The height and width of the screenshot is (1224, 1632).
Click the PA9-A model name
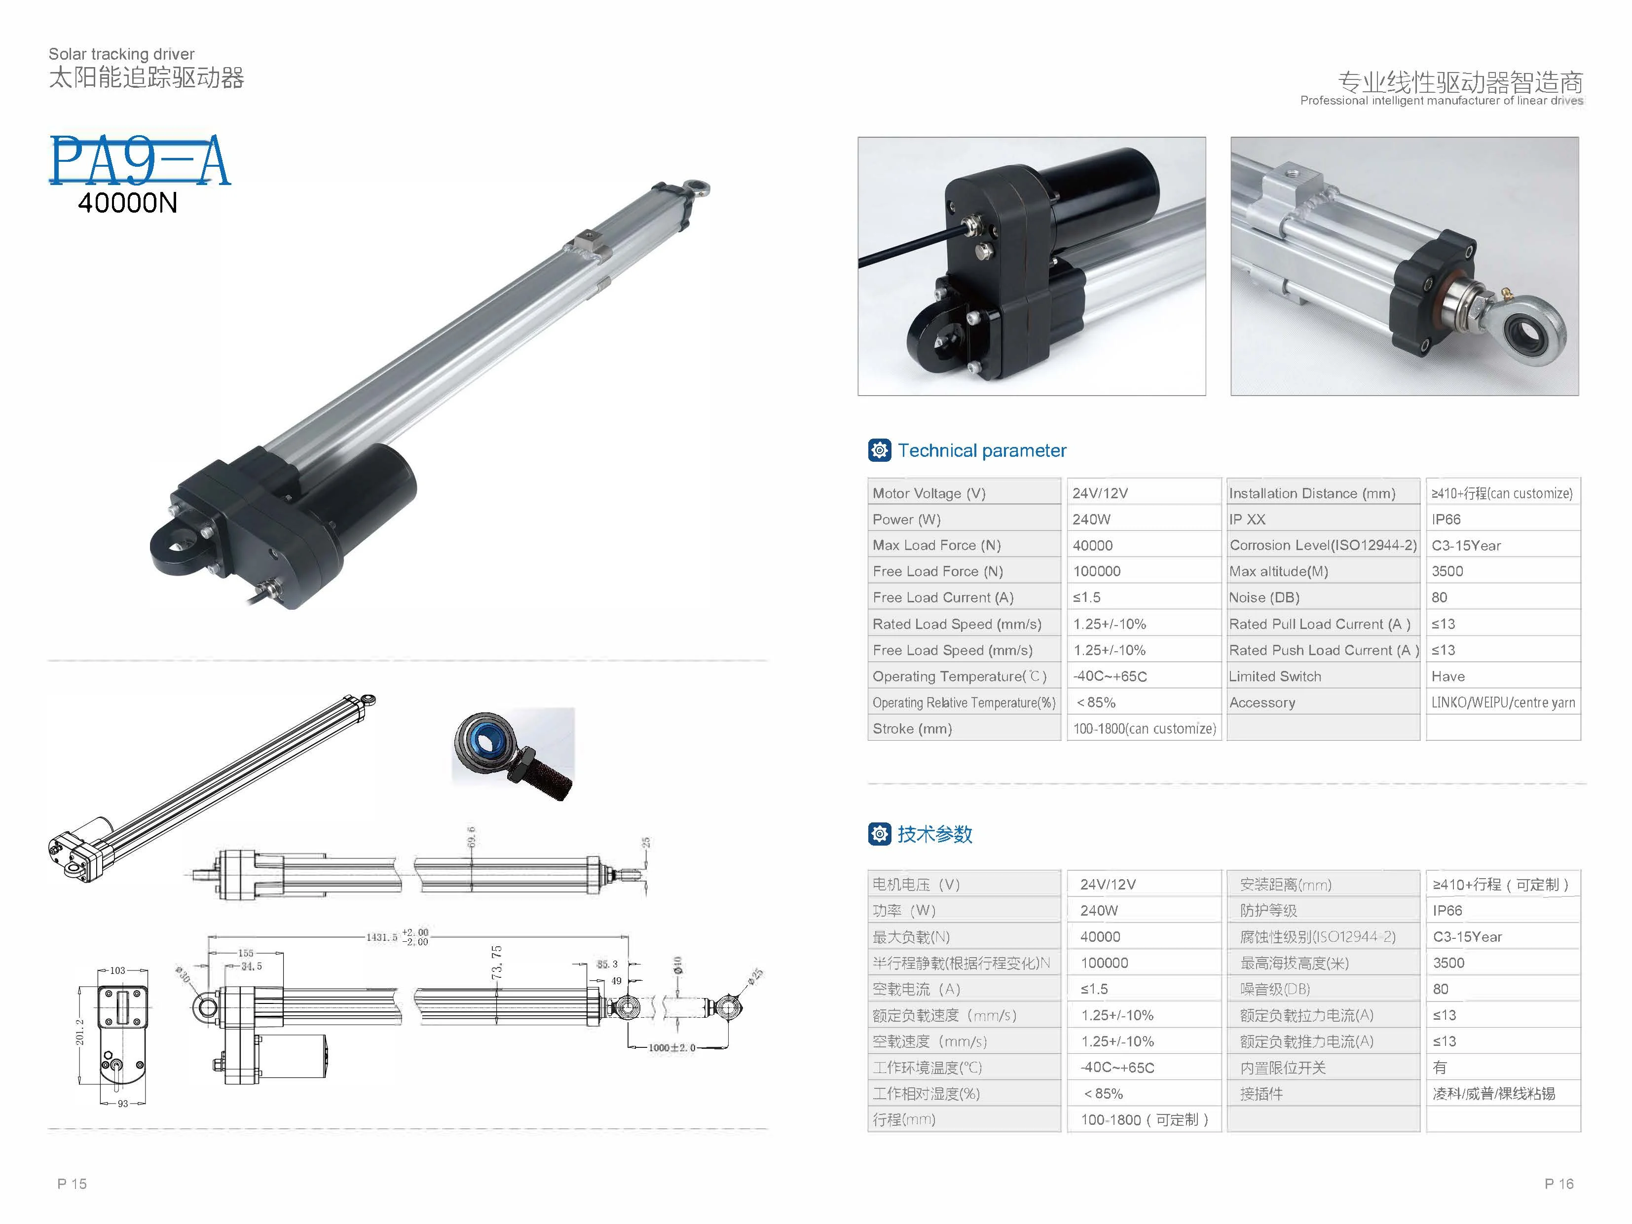(x=140, y=160)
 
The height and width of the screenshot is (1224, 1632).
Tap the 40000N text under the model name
(x=128, y=203)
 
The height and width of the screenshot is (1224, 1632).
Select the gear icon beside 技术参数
(x=880, y=834)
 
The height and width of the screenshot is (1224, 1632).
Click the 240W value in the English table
(x=1091, y=519)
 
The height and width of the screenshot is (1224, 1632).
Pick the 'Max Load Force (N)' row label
(x=936, y=545)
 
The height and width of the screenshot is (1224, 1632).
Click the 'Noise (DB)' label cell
(x=1264, y=597)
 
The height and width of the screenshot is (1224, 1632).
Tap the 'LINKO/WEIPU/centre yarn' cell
(x=1503, y=703)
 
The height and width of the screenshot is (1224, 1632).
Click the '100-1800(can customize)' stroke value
(x=1144, y=729)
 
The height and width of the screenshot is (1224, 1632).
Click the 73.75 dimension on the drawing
(x=496, y=962)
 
